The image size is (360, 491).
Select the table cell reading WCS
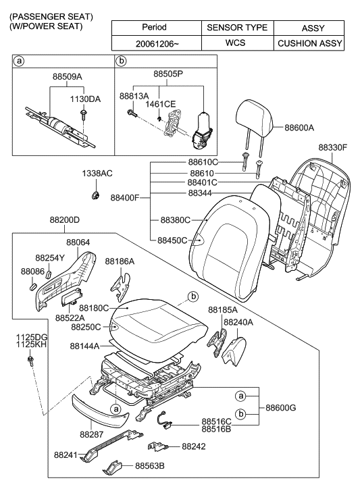(x=236, y=43)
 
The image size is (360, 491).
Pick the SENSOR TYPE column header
(x=236, y=28)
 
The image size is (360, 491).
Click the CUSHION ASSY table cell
(x=309, y=43)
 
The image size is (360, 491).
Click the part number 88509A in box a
(x=67, y=76)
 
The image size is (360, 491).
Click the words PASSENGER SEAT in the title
(x=52, y=16)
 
